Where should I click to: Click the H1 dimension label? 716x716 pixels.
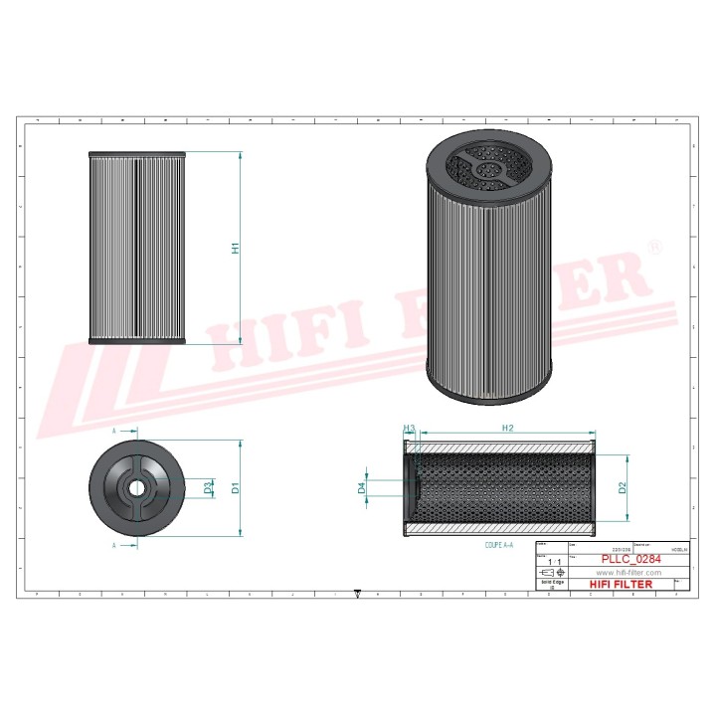[x=236, y=247]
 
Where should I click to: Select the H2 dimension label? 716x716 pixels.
[x=506, y=428]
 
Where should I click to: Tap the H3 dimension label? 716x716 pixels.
[x=408, y=428]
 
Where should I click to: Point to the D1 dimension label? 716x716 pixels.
[x=236, y=488]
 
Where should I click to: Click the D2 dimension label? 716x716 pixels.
[x=622, y=487]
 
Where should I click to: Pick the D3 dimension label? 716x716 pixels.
[x=208, y=488]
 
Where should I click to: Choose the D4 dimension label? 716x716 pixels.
[x=362, y=488]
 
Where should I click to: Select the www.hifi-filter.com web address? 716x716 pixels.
[x=627, y=573]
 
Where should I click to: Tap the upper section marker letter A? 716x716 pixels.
[x=114, y=431]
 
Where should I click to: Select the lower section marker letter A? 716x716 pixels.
[x=114, y=546]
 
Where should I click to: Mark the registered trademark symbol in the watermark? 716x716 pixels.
[x=654, y=245]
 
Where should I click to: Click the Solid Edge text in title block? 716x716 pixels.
[x=551, y=584]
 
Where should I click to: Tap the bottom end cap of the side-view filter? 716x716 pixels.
[x=137, y=342]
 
